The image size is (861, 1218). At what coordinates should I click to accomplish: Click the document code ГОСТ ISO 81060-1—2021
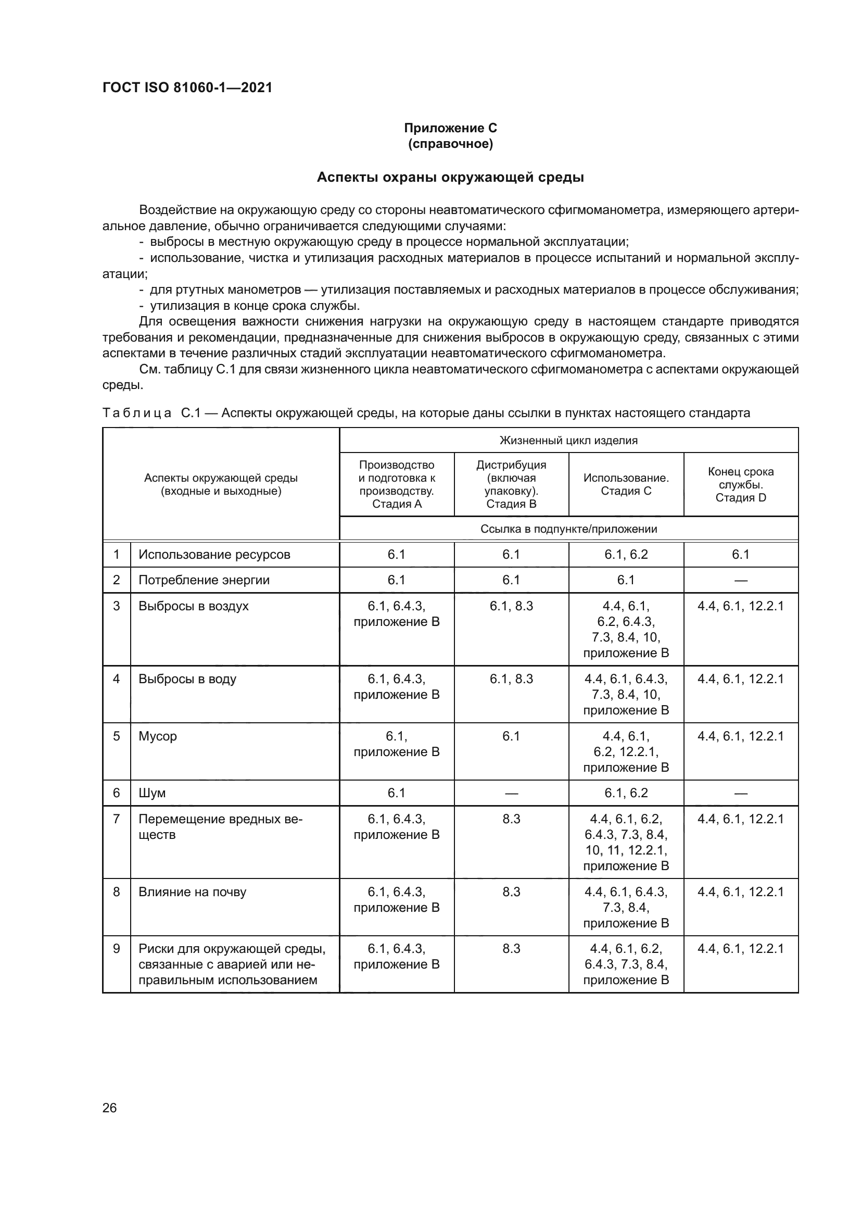click(x=187, y=88)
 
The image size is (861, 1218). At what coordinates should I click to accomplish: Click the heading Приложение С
click(x=450, y=128)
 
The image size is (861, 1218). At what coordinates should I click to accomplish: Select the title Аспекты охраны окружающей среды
click(x=450, y=178)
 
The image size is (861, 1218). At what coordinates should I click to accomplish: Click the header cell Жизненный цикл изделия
click(x=568, y=441)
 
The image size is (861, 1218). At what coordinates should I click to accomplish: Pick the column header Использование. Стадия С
click(x=626, y=484)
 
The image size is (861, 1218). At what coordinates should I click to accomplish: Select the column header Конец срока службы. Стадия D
click(x=741, y=484)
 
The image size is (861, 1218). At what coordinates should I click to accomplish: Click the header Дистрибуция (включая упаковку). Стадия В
click(x=511, y=484)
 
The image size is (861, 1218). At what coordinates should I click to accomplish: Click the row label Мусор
click(x=157, y=736)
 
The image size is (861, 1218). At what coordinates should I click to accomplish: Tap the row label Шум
click(x=152, y=793)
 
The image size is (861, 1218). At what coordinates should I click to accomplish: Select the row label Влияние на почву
click(x=193, y=891)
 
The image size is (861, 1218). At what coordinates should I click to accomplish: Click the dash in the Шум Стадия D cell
click(x=741, y=793)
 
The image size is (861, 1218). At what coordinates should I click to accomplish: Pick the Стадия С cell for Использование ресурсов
click(x=626, y=555)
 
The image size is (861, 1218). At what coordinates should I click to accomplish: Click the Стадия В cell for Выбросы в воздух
click(x=511, y=606)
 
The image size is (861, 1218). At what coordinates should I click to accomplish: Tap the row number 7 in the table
click(x=116, y=819)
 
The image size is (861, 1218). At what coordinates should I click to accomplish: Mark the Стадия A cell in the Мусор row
click(x=397, y=744)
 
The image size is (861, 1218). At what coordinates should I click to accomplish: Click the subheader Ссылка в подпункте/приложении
click(x=568, y=529)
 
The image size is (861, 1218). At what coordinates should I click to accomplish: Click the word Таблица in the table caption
click(x=137, y=413)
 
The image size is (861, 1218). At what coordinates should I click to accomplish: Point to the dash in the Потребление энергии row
click(x=741, y=580)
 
